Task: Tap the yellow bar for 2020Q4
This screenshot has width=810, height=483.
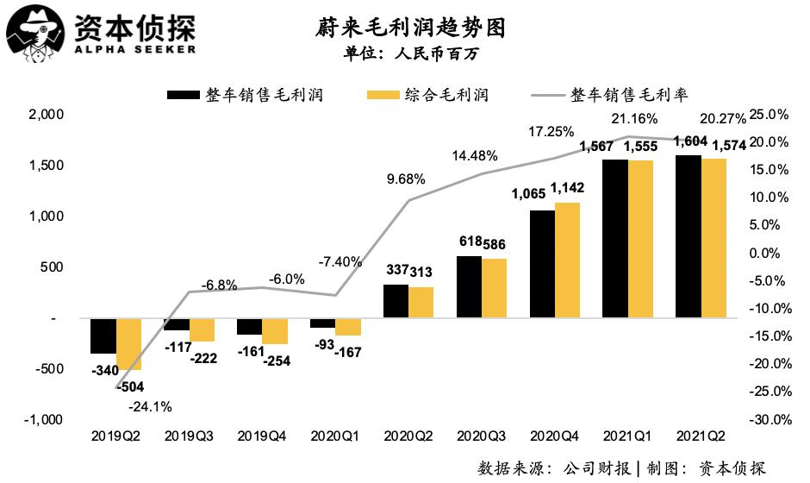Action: point(566,260)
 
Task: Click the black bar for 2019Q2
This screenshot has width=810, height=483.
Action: point(103,336)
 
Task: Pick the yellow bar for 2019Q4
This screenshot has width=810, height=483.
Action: point(276,331)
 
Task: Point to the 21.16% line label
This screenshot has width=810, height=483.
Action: point(634,118)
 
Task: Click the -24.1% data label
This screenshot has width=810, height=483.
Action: point(150,405)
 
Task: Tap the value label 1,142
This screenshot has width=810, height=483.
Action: point(567,188)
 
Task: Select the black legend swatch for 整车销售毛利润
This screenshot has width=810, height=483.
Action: point(183,94)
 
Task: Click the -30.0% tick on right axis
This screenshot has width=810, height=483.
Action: point(771,420)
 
